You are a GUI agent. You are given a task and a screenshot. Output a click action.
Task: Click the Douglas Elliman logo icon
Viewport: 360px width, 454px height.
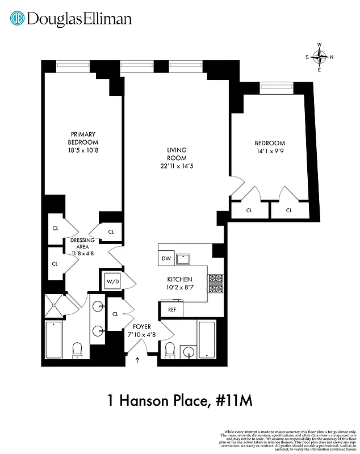pyautogui.click(x=18, y=19)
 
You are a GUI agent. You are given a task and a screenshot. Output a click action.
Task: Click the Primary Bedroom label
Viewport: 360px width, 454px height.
pyautogui.click(x=83, y=138)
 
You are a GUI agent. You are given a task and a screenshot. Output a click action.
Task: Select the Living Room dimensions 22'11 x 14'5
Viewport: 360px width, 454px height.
pyautogui.click(x=177, y=166)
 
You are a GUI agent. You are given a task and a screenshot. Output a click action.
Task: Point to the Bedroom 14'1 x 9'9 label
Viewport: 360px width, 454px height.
pyautogui.click(x=270, y=147)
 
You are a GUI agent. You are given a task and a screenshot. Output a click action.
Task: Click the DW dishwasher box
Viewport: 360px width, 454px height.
pyautogui.click(x=166, y=259)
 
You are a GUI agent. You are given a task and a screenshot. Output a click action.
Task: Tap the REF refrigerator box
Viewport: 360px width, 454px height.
pyautogui.click(x=171, y=310)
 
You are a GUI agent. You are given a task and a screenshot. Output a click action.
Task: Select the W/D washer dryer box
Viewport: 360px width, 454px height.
pyautogui.click(x=110, y=281)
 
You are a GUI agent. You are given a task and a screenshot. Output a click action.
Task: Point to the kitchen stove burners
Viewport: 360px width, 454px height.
pyautogui.click(x=216, y=283)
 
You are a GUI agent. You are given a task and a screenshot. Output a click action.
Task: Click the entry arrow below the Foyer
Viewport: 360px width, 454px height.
pyautogui.click(x=137, y=359)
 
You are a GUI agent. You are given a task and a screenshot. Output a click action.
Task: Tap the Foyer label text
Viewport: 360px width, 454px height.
pyautogui.click(x=141, y=327)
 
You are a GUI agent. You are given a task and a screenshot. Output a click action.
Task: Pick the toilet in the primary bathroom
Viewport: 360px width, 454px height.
pyautogui.click(x=78, y=351)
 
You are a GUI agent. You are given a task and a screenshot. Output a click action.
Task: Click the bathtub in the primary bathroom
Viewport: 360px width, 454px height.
pyautogui.click(x=55, y=339)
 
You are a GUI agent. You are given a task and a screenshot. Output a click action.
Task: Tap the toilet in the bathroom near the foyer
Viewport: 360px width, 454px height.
pyautogui.click(x=169, y=352)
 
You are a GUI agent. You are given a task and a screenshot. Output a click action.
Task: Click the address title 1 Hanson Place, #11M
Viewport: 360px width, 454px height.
pyautogui.click(x=179, y=401)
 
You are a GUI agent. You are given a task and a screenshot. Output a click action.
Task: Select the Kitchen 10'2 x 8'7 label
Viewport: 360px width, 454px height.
pyautogui.click(x=179, y=284)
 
